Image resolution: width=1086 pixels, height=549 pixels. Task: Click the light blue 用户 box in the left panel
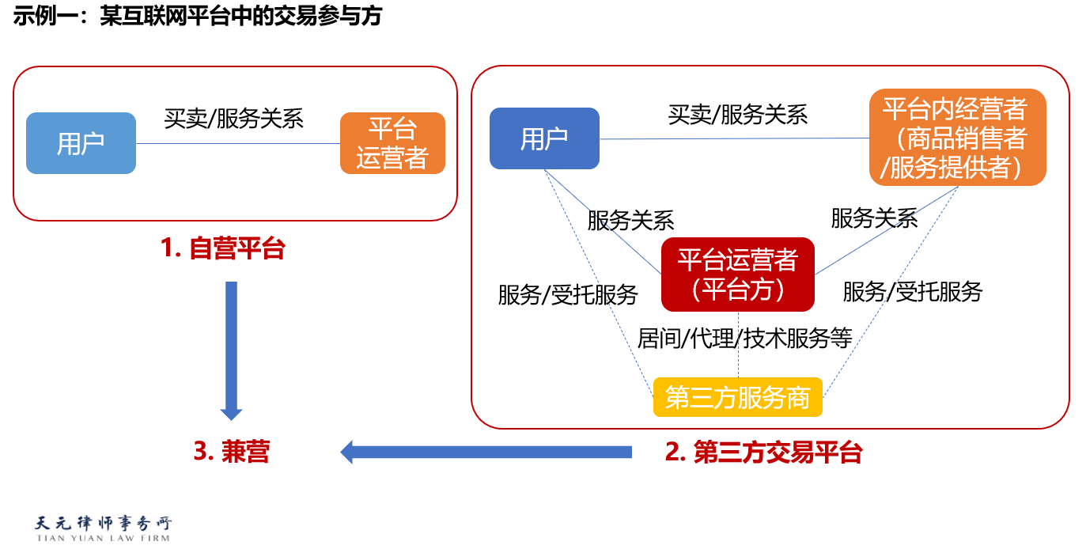pyautogui.click(x=81, y=143)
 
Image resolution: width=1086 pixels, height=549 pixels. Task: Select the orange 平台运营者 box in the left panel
pyautogui.click(x=392, y=143)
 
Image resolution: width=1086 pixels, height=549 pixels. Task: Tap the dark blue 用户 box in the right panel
pyautogui.click(x=544, y=138)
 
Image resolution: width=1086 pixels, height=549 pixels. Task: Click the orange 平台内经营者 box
pyautogui.click(x=958, y=138)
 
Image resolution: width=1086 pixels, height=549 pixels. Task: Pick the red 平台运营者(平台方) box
pyautogui.click(x=738, y=274)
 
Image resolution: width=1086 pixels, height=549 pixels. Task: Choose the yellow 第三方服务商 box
pyautogui.click(x=738, y=397)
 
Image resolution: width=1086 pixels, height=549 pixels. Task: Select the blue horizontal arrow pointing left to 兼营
pyautogui.click(x=486, y=452)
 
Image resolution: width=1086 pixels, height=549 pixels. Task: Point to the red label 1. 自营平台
pyautogui.click(x=223, y=248)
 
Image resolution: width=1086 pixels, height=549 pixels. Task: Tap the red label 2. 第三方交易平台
pyautogui.click(x=763, y=452)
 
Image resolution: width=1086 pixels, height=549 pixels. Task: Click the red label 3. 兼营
pyautogui.click(x=232, y=452)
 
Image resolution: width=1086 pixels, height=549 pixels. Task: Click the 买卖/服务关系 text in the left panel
pyautogui.click(x=233, y=119)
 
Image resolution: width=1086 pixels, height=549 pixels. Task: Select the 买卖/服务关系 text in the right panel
pyautogui.click(x=738, y=115)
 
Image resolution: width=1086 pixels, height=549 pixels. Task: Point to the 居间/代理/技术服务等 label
pyautogui.click(x=744, y=338)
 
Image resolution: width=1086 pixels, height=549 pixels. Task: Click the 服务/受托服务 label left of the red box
pyautogui.click(x=568, y=295)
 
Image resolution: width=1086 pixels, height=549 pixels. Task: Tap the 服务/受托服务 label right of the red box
pyautogui.click(x=913, y=292)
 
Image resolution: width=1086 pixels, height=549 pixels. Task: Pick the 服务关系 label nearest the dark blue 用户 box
pyautogui.click(x=630, y=221)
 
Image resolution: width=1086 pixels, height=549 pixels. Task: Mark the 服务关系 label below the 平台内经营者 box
pyautogui.click(x=875, y=218)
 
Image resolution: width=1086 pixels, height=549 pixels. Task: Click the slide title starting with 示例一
pyautogui.click(x=198, y=16)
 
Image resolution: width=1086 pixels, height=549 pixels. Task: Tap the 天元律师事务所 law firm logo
pyautogui.click(x=103, y=528)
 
